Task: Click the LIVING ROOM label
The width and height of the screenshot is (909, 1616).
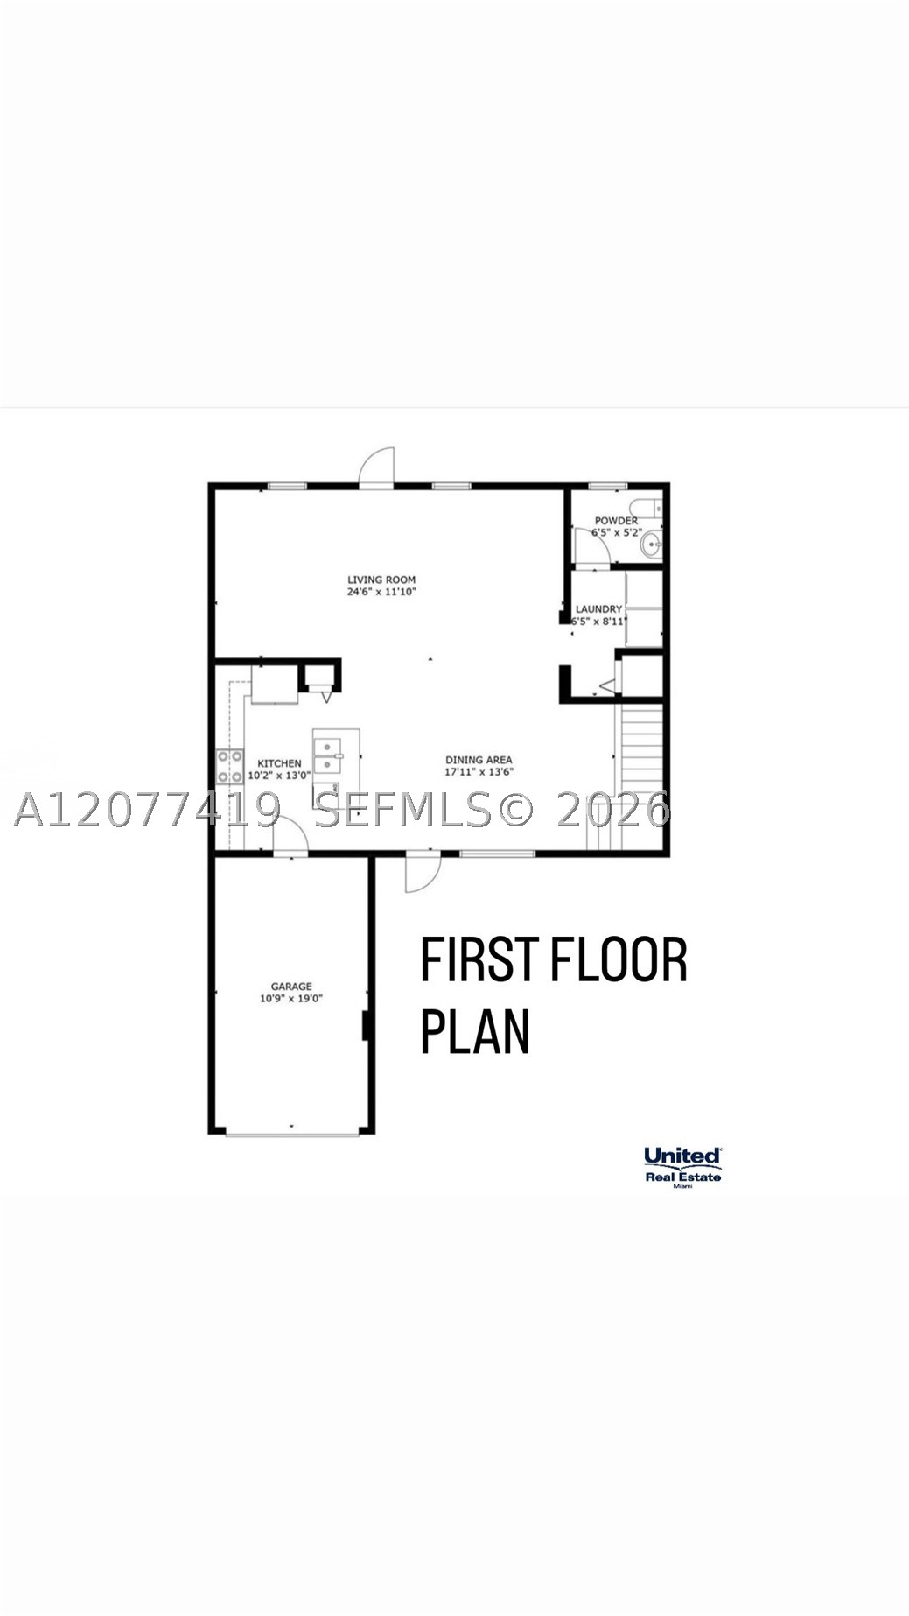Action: [x=381, y=580]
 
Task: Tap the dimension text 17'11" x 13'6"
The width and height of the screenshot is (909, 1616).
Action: [x=479, y=772]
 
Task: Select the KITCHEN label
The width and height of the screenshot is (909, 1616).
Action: [x=279, y=763]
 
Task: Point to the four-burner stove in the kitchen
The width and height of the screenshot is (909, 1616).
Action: [x=230, y=767]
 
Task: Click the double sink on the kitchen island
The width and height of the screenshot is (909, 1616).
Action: [x=328, y=755]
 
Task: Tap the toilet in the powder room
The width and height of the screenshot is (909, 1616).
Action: [x=646, y=508]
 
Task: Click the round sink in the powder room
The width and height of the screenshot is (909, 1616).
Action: [x=651, y=545]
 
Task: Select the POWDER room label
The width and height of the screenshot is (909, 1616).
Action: [x=616, y=520]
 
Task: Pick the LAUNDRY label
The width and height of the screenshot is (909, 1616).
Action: [x=598, y=609]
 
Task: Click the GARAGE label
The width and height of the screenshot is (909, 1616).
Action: [x=291, y=987]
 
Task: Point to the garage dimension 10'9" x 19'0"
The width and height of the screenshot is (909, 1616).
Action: [x=291, y=998]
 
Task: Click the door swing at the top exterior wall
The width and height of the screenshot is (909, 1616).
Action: [x=377, y=466]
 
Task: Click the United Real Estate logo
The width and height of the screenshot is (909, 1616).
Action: [x=682, y=1167]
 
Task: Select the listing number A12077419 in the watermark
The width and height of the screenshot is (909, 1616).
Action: [x=147, y=810]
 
